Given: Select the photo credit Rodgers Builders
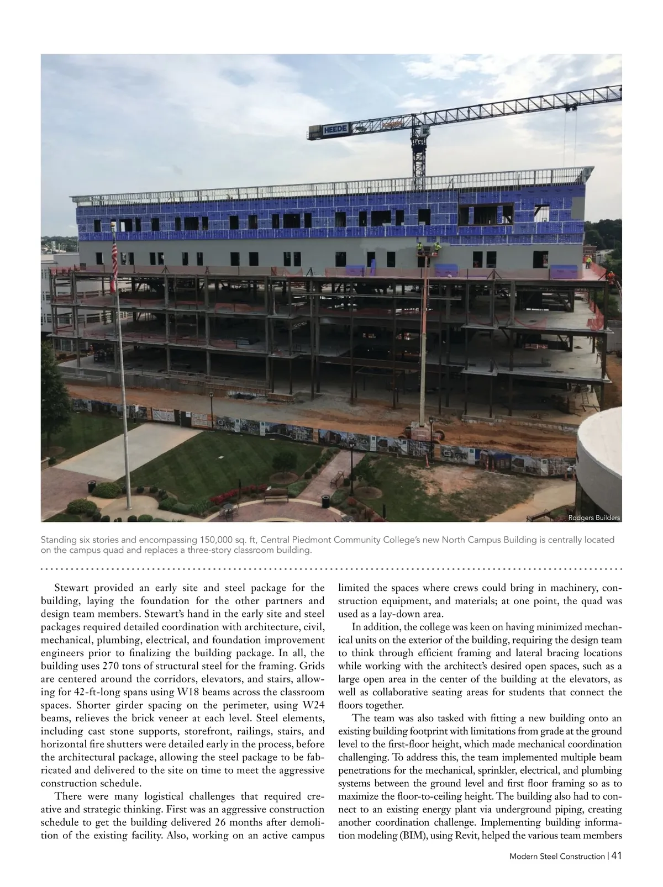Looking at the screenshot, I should point(594,518).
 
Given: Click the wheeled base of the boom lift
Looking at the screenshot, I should point(425,431).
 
